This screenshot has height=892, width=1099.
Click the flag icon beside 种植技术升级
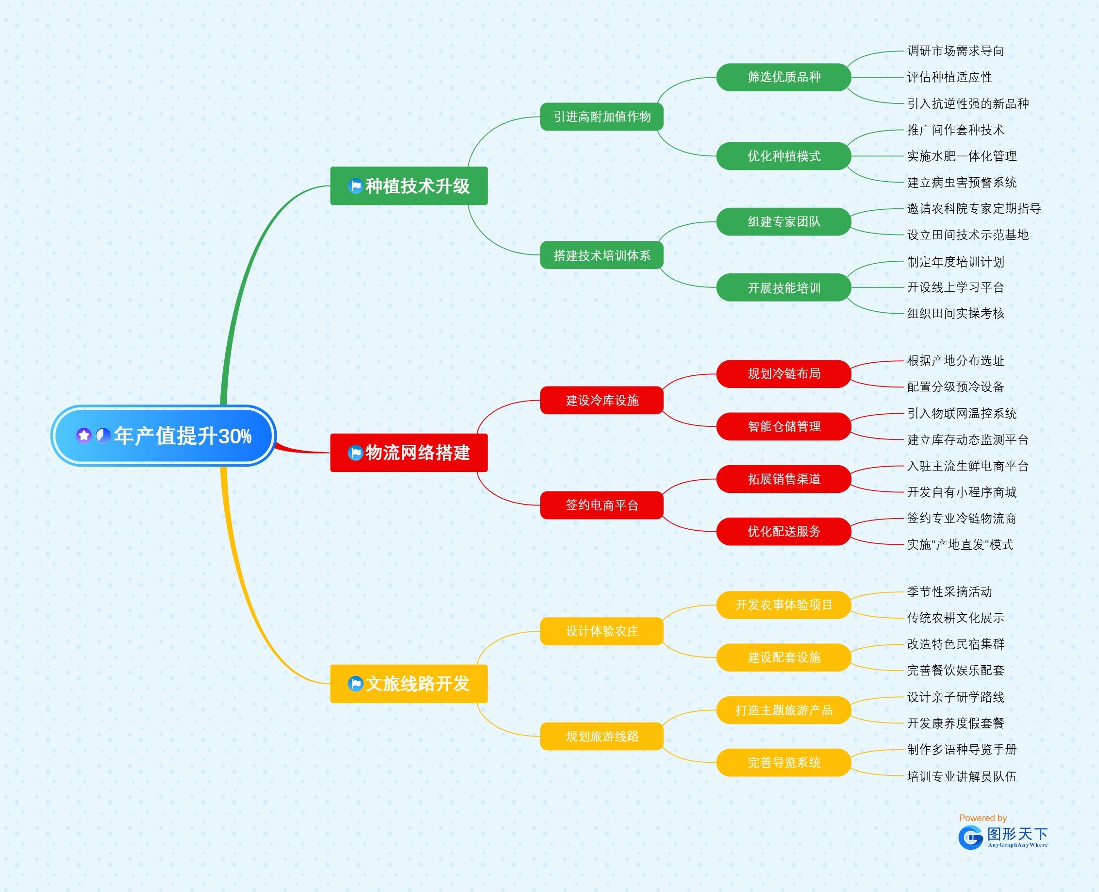[x=355, y=186]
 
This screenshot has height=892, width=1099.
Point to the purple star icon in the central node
[x=83, y=436]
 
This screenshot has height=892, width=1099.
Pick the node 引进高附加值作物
[x=602, y=117]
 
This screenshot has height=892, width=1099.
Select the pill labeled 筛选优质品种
[x=783, y=77]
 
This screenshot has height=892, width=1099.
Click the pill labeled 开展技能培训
[x=783, y=288]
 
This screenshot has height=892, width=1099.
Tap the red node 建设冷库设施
[x=602, y=400]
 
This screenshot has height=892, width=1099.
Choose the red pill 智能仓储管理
[x=783, y=426]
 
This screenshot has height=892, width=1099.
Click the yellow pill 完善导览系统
[x=783, y=762]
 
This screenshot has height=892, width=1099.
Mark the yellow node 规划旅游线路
[x=602, y=736]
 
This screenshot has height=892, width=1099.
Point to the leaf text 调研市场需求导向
[x=955, y=51]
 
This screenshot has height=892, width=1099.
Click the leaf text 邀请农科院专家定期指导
[x=974, y=209]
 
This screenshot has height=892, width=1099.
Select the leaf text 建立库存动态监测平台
[x=967, y=440]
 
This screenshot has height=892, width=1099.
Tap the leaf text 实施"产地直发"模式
[x=960, y=545]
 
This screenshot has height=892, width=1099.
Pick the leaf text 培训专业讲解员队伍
[x=961, y=776]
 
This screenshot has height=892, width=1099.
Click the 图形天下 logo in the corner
[x=1002, y=838]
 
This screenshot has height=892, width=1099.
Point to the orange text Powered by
[x=982, y=818]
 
